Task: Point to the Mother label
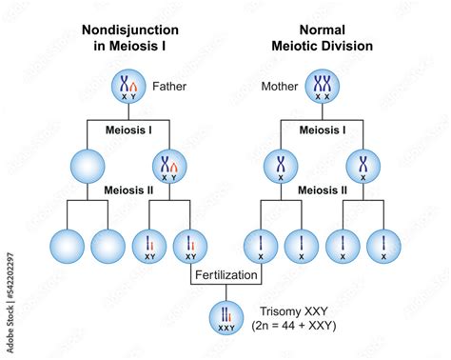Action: coord(282,90)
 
